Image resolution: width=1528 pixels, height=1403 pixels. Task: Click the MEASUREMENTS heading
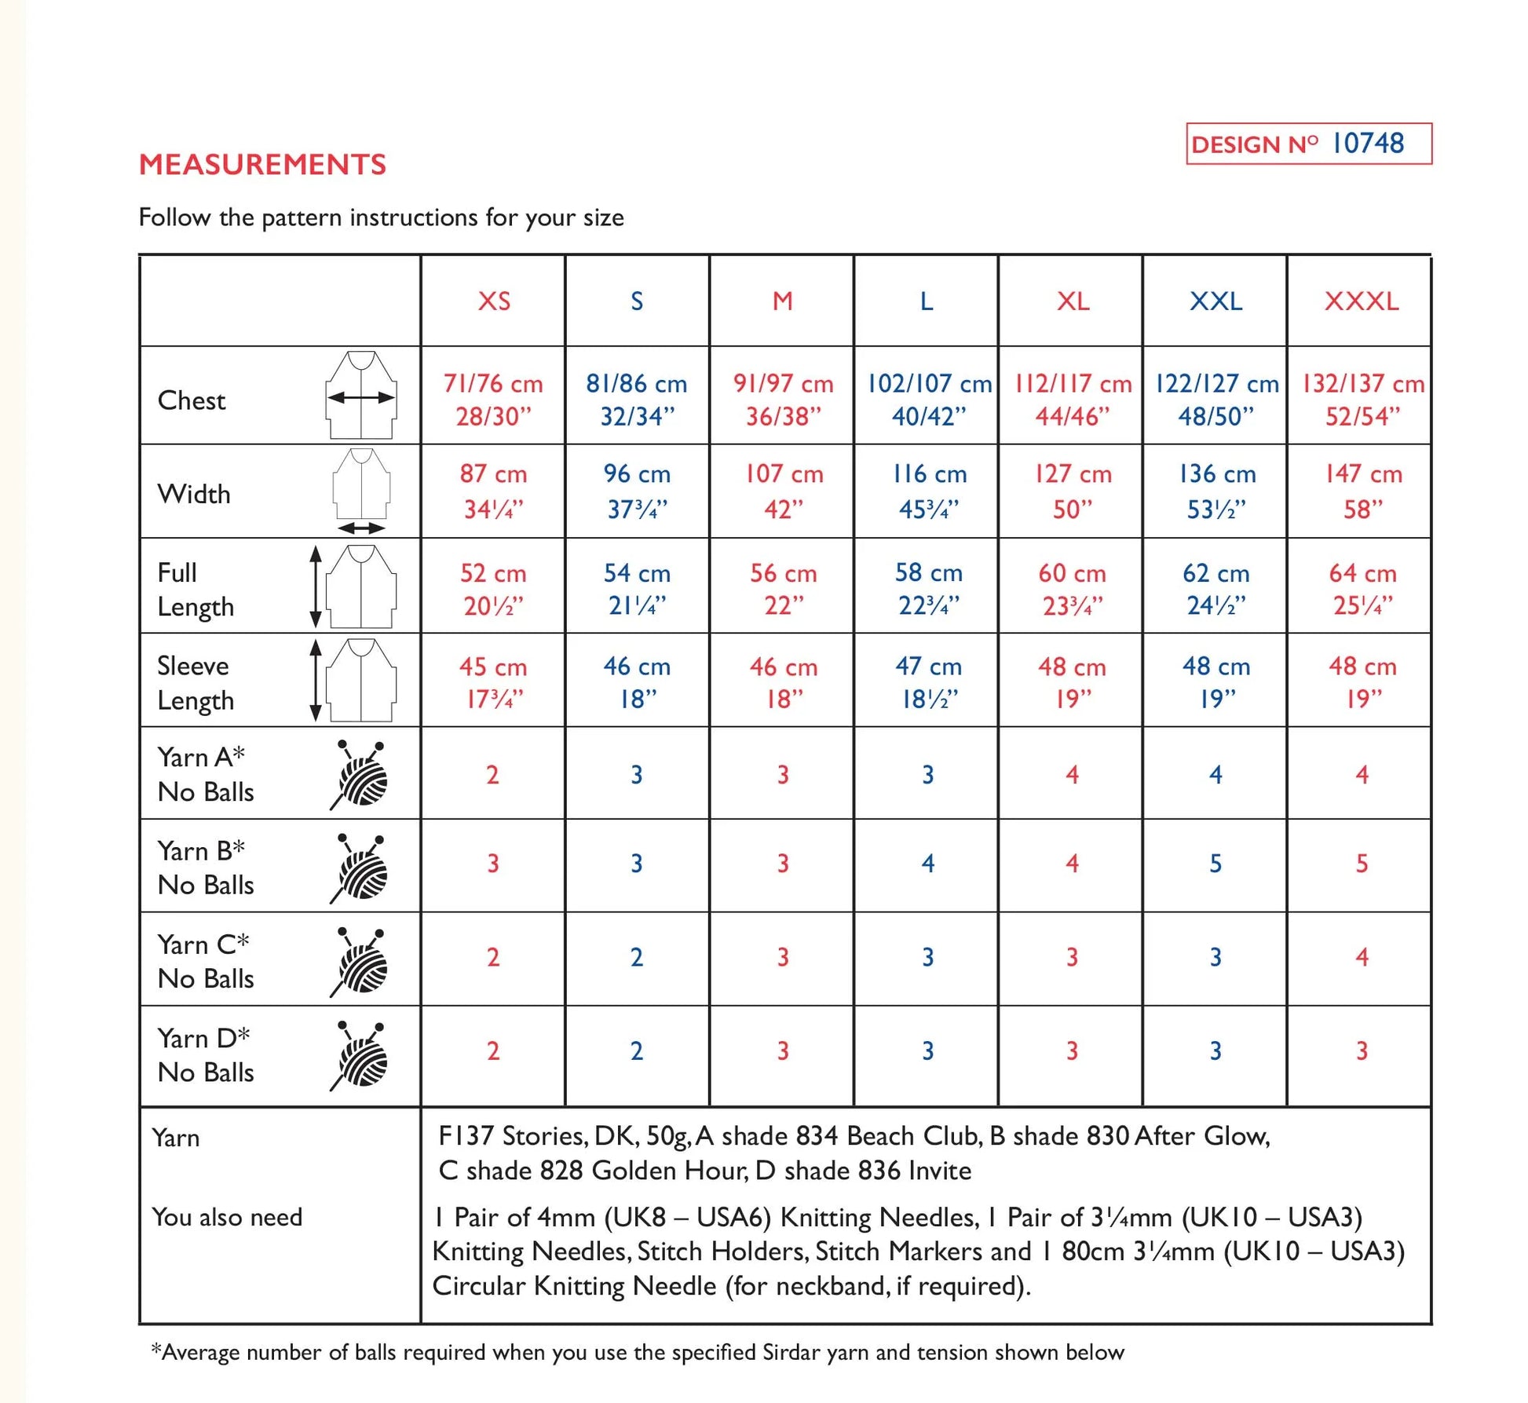[x=262, y=164]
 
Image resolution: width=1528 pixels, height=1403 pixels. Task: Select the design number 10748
[x=1368, y=144]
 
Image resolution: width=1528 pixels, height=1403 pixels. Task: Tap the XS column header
[x=494, y=301]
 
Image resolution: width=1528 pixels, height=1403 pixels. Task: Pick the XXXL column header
[x=1362, y=301]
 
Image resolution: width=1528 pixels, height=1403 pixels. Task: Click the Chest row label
[x=192, y=400]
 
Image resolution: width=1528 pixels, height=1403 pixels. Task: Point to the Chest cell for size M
[x=783, y=400]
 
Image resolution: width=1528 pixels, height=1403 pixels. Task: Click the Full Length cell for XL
[x=1072, y=589]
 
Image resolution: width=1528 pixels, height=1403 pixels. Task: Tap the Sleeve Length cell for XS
[x=493, y=682]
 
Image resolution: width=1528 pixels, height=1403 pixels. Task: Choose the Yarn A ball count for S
[x=637, y=775]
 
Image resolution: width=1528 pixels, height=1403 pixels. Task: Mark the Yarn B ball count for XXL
[x=1215, y=864]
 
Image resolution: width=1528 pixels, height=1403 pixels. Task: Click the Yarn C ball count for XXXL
[x=1362, y=957]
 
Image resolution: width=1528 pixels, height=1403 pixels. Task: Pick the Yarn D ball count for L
[x=928, y=1050]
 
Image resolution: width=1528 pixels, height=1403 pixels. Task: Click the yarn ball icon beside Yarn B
[x=360, y=868]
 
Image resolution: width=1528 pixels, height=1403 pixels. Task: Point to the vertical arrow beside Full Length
[x=316, y=586]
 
